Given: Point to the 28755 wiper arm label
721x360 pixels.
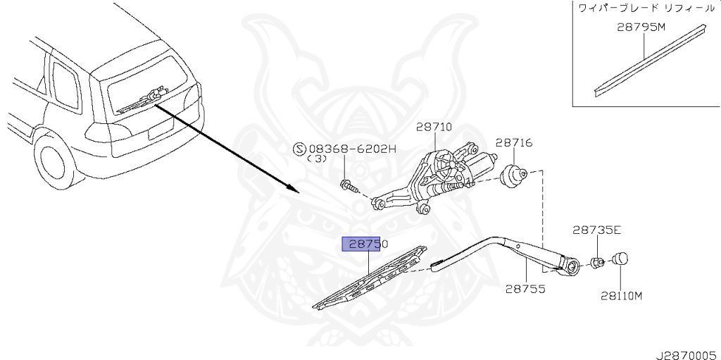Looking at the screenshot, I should coord(525,289).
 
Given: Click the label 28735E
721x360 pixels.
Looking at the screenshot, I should coord(596,230).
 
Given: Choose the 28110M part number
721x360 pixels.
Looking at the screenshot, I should coord(621,295).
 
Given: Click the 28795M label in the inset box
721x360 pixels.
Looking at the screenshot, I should coord(641,28).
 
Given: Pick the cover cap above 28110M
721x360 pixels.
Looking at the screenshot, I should coord(620,259).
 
